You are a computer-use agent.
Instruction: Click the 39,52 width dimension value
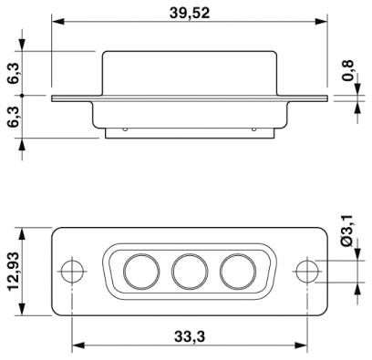tap(190, 13)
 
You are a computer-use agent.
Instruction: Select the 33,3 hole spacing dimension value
tap(190, 336)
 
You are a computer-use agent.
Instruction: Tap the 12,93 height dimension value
tap(14, 272)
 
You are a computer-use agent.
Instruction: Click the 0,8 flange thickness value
tap(348, 70)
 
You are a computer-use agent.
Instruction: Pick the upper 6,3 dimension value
tap(15, 74)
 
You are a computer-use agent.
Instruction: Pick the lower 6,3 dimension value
tap(15, 118)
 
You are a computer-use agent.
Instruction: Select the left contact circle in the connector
tap(141, 272)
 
